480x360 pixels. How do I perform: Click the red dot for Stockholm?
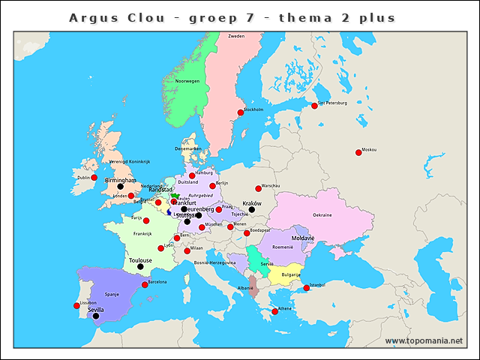click(x=241, y=113)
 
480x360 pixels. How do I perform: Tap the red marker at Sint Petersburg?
click(x=314, y=106)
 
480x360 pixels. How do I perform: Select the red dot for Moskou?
click(x=358, y=152)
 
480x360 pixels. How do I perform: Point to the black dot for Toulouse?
click(x=140, y=266)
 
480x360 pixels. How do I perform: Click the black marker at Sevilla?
click(x=95, y=316)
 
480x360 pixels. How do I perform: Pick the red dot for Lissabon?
click(x=76, y=305)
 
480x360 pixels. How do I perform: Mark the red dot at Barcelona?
click(x=145, y=285)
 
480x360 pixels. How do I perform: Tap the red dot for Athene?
click(x=274, y=311)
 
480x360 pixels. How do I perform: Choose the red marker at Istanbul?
click(x=306, y=288)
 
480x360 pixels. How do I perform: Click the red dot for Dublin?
click(x=94, y=178)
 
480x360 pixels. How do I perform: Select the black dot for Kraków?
click(x=252, y=210)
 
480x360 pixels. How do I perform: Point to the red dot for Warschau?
click(x=258, y=188)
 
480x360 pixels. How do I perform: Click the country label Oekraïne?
click(x=322, y=215)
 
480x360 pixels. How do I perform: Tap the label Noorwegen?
click(x=187, y=81)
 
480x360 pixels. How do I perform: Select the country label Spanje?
click(x=112, y=295)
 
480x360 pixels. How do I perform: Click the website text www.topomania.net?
click(x=424, y=341)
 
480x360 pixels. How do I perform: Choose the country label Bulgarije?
click(x=290, y=274)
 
